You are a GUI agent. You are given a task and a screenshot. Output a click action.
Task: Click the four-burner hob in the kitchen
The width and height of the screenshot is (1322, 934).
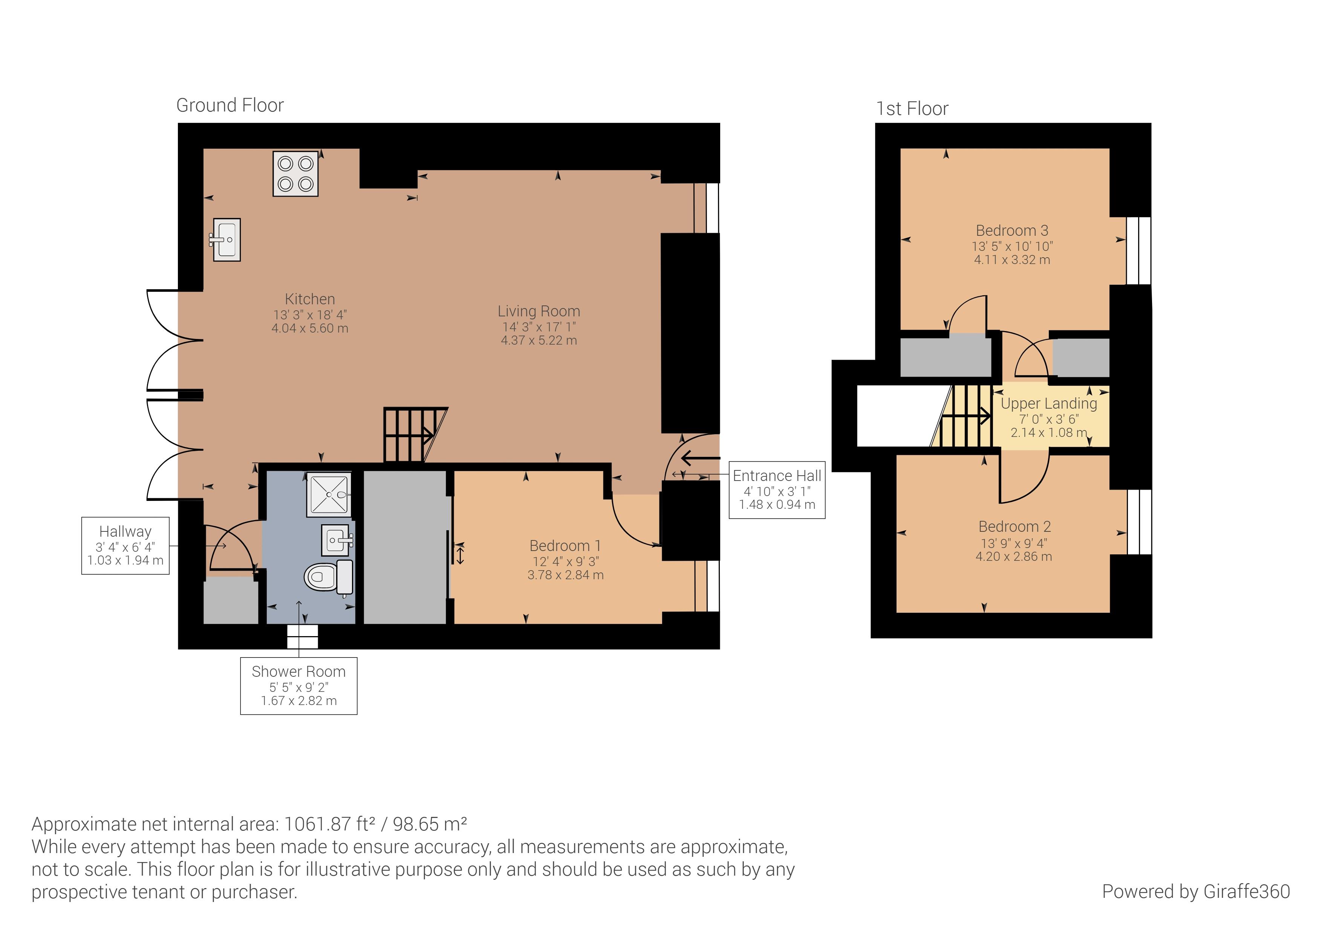point(295,174)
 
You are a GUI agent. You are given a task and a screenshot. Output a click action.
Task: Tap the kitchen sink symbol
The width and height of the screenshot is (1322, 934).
point(226,240)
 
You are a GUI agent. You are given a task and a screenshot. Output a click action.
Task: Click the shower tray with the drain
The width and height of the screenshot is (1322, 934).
point(329,494)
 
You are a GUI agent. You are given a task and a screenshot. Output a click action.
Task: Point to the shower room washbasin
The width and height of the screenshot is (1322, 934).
point(337,540)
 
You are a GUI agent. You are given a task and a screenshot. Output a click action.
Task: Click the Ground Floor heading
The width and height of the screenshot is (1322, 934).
point(230,105)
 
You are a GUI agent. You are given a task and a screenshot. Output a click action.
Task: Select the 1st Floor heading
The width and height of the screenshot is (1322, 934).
point(912,109)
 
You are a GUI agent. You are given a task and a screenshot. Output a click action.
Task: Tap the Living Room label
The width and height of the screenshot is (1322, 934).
point(539,311)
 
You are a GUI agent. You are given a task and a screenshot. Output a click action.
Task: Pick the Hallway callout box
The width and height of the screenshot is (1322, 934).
point(125,546)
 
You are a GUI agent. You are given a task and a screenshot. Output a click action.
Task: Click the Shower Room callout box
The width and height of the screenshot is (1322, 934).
point(299,686)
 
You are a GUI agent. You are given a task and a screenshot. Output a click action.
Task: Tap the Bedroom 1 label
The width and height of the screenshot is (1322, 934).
point(565,546)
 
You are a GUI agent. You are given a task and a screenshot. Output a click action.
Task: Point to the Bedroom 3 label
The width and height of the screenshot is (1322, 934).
point(1012,231)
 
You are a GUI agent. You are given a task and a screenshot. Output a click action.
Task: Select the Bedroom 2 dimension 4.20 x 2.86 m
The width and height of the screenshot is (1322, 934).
point(1014,557)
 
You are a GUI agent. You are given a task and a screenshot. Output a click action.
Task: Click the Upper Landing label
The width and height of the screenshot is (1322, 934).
point(1049,403)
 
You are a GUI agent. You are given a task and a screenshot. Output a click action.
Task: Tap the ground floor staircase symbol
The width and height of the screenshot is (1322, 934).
point(416,435)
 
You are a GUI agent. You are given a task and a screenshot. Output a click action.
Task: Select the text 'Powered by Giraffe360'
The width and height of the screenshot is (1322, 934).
point(1196,891)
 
